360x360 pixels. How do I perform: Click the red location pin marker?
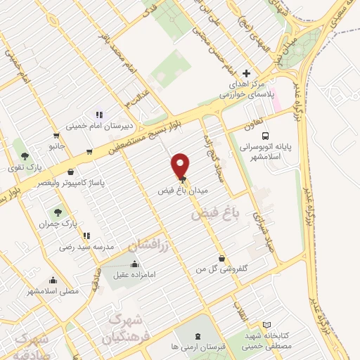(x=181, y=165)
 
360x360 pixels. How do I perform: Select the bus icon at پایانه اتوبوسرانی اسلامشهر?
(x=265, y=136)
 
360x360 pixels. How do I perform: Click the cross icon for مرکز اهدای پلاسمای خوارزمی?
(x=245, y=73)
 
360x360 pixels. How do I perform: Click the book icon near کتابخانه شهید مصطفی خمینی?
(x=266, y=325)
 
